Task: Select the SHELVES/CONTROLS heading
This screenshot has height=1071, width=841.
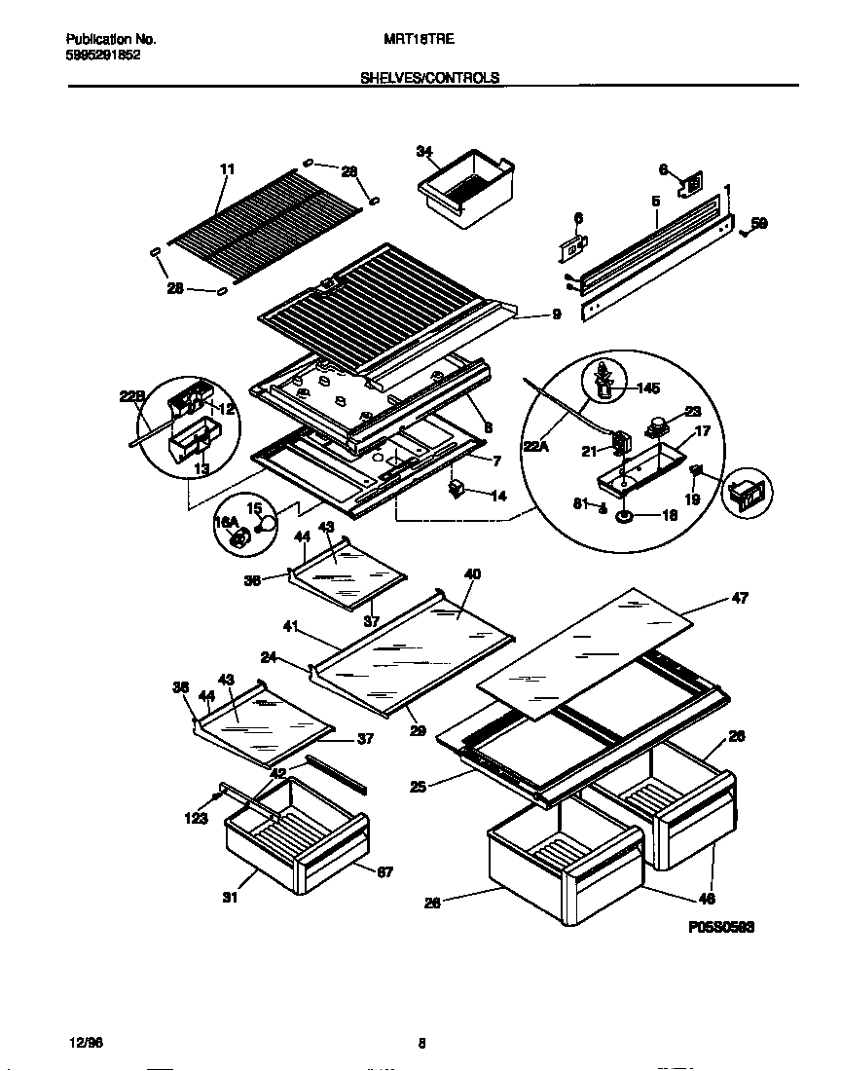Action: [429, 78]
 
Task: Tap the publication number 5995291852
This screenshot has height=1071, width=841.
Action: [103, 55]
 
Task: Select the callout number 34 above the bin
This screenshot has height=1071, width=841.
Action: [423, 151]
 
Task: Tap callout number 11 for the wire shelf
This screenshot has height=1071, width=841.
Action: [227, 169]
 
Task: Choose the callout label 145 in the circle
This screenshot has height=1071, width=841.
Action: [648, 388]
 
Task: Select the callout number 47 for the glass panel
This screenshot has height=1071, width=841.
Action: [740, 599]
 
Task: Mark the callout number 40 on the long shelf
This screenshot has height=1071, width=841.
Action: [473, 574]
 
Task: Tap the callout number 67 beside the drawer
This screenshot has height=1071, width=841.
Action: [384, 871]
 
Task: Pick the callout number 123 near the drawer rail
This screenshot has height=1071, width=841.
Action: [197, 819]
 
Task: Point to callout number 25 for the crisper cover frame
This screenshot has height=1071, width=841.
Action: [418, 786]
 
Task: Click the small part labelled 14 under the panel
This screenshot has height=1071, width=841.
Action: [456, 487]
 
